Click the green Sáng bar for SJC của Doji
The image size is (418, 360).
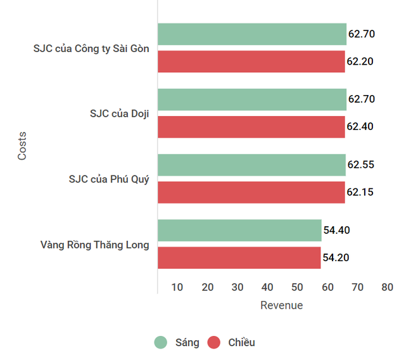(x=251, y=100)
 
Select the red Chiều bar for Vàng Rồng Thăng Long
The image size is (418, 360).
(x=239, y=258)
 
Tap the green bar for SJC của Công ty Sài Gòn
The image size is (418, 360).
(x=251, y=34)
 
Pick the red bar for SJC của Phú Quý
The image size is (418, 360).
(x=251, y=192)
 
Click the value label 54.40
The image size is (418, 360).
(x=336, y=230)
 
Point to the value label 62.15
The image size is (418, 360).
(x=360, y=192)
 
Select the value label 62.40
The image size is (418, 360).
(x=360, y=127)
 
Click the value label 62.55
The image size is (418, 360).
(x=361, y=165)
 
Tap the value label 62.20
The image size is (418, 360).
(x=360, y=61)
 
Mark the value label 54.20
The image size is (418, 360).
(x=336, y=258)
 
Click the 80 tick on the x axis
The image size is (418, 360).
(x=388, y=287)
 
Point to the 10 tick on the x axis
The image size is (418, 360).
(x=177, y=287)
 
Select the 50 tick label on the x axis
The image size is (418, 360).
(x=298, y=287)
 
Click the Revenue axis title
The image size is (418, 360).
(x=282, y=305)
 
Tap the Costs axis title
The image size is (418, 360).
(x=22, y=145)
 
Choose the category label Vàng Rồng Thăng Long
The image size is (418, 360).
(x=94, y=245)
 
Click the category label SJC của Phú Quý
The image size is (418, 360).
(x=109, y=179)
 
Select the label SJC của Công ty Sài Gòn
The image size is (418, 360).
(x=91, y=48)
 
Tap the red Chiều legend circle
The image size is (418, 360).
(x=214, y=342)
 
